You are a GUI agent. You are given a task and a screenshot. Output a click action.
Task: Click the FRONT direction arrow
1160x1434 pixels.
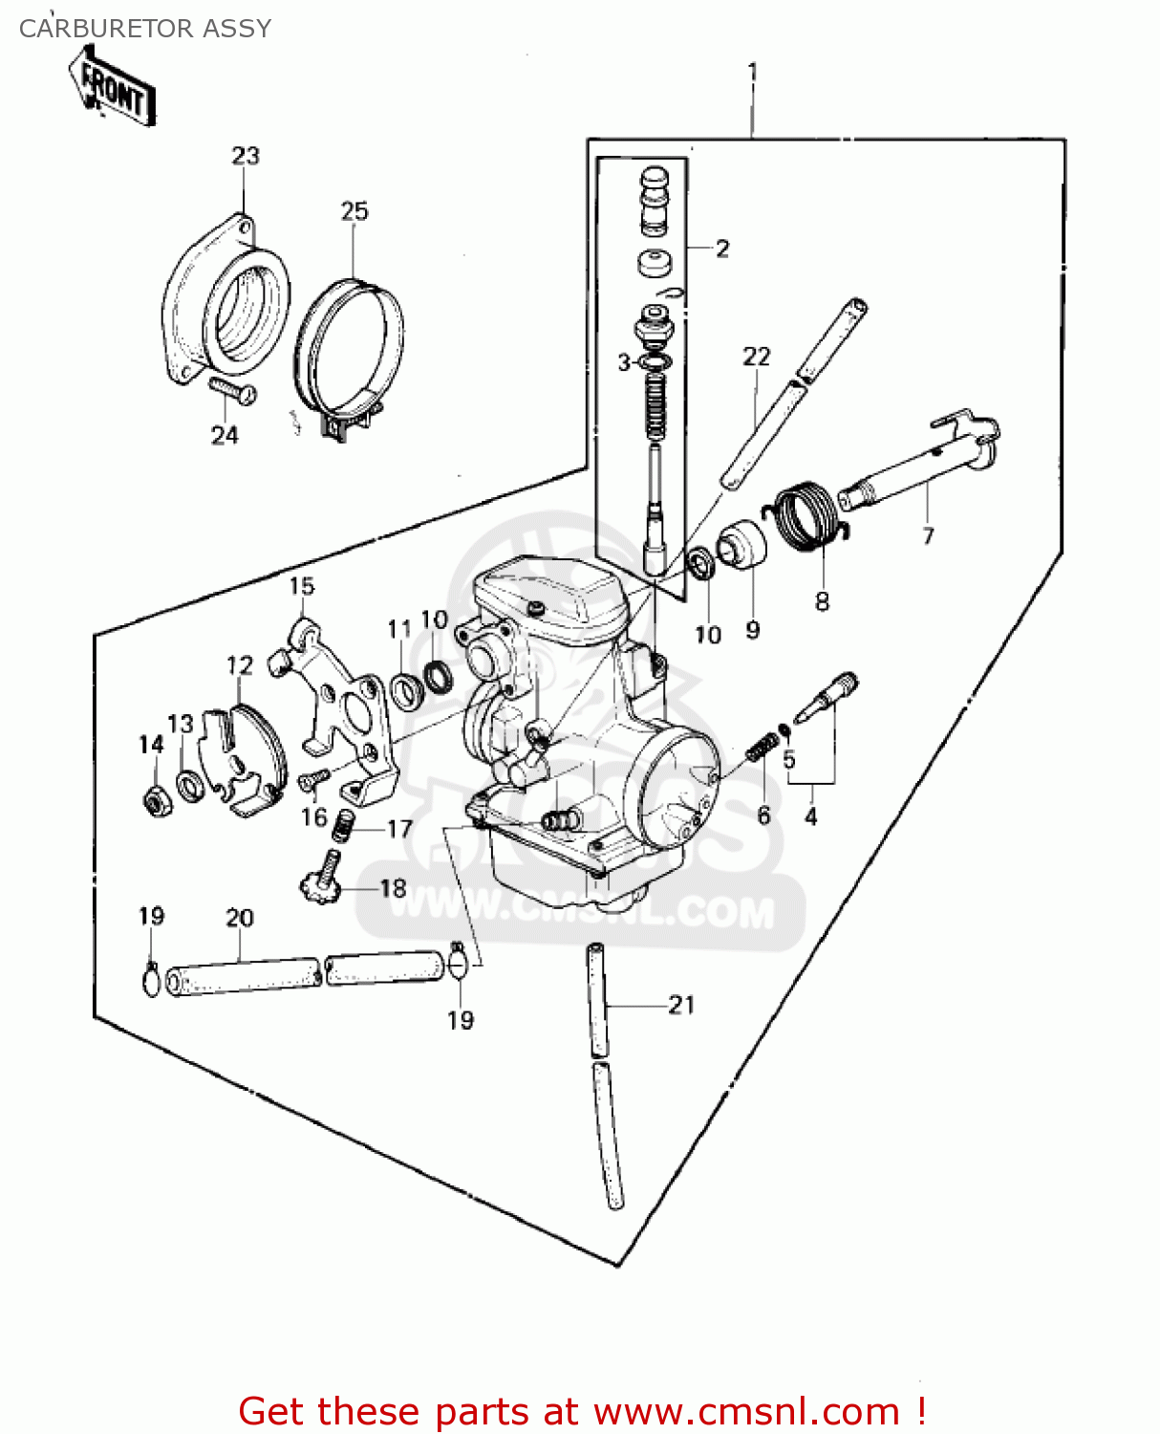pyautogui.click(x=113, y=88)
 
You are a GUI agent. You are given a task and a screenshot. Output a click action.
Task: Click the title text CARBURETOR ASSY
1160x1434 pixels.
pyautogui.click(x=145, y=29)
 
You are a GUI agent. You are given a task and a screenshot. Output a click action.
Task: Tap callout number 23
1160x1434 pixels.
pyautogui.click(x=246, y=156)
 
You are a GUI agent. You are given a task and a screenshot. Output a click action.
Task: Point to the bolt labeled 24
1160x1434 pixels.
pyautogui.click(x=232, y=391)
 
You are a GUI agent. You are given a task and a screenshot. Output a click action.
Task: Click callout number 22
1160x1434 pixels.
pyautogui.click(x=756, y=357)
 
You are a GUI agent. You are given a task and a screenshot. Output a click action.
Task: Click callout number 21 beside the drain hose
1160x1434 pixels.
pyautogui.click(x=681, y=1005)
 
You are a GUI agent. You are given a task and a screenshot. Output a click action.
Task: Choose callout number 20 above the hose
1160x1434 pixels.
pyautogui.click(x=239, y=918)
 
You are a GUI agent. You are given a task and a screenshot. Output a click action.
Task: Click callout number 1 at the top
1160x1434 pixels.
pyautogui.click(x=753, y=72)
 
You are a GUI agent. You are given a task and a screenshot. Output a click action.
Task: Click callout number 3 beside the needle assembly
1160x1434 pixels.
pyautogui.click(x=624, y=362)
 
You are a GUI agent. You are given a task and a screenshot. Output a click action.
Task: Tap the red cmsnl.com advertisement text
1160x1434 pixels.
pyautogui.click(x=581, y=1411)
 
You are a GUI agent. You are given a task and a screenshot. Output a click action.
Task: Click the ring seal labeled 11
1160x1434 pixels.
pyautogui.click(x=406, y=692)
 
